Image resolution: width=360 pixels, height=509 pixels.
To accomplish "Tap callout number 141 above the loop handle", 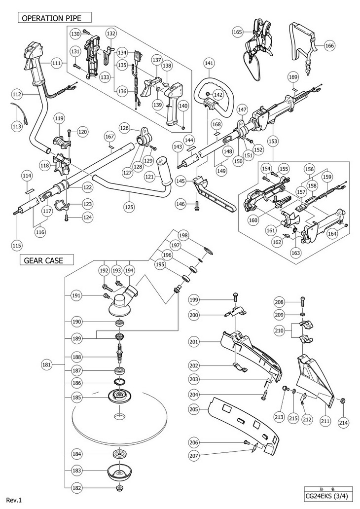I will [x=209, y=64].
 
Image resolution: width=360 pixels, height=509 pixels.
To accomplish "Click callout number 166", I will [x=329, y=46].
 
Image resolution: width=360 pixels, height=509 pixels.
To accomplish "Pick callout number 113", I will [x=17, y=126].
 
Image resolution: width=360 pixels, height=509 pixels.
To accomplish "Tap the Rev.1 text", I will [x=14, y=500].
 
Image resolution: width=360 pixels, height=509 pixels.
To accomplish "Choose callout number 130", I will [x=75, y=34].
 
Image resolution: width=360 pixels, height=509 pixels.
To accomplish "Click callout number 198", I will [x=183, y=235].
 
